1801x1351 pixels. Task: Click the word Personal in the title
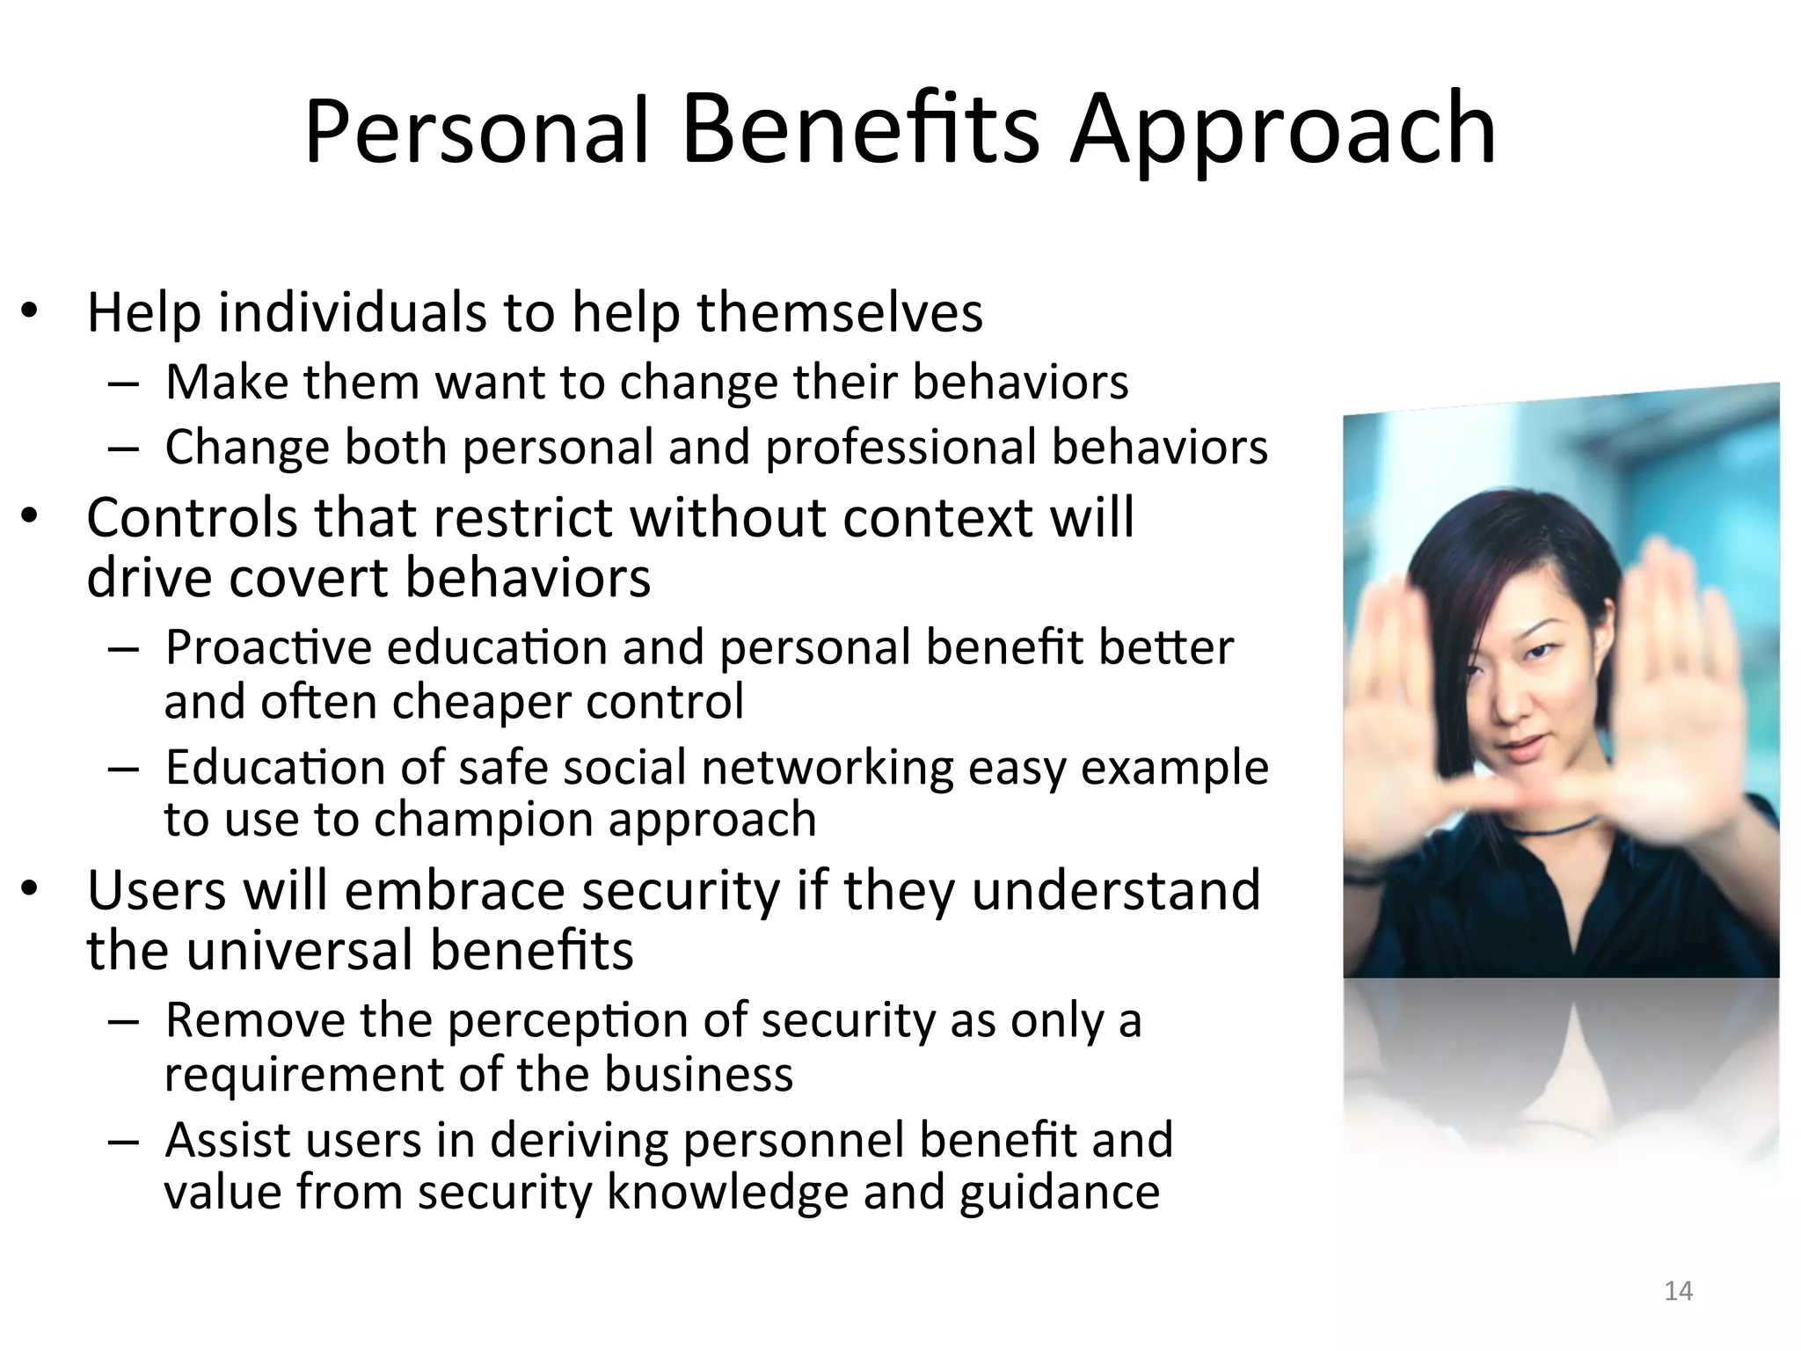pos(476,132)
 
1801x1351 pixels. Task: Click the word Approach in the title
pos(1282,132)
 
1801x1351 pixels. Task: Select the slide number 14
pos(1679,1291)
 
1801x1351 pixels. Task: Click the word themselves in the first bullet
pos(840,312)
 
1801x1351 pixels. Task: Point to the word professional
pos(900,448)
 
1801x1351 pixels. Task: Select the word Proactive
pos(268,647)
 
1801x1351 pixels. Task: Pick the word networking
pos(827,767)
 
